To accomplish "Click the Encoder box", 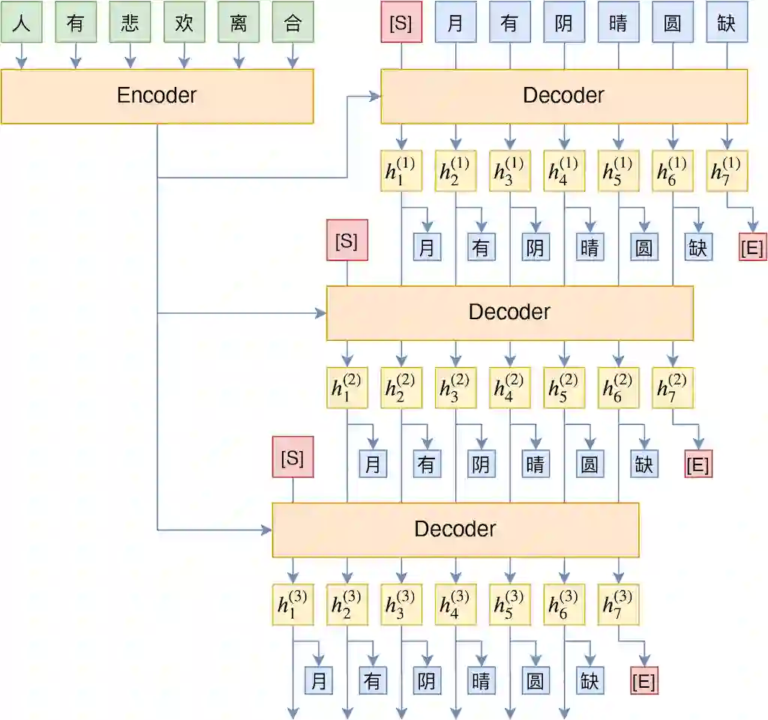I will coord(157,96).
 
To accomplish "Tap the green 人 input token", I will coord(21,22).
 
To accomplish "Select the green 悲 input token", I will coord(130,22).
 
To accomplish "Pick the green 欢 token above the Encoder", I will coord(184,22).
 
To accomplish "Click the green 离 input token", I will coord(238,22).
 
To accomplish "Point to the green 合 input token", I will coord(292,22).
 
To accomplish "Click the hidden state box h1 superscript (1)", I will coord(401,171).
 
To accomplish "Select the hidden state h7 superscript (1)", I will coord(727,171).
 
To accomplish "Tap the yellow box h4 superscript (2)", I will coord(510,387).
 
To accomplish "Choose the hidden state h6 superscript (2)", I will coord(618,387).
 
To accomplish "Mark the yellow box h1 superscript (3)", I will coord(292,605).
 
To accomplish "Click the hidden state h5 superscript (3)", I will coord(510,605).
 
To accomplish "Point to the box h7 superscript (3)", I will coord(618,605).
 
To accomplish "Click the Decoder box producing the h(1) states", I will coord(564,96).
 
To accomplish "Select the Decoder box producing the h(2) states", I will coord(510,312).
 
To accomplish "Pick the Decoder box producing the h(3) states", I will coord(455,530).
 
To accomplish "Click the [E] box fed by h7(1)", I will coord(752,248).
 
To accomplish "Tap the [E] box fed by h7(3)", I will coord(643,682).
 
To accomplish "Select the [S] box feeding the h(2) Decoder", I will coord(347,240).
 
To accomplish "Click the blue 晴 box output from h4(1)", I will coord(589,248).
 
